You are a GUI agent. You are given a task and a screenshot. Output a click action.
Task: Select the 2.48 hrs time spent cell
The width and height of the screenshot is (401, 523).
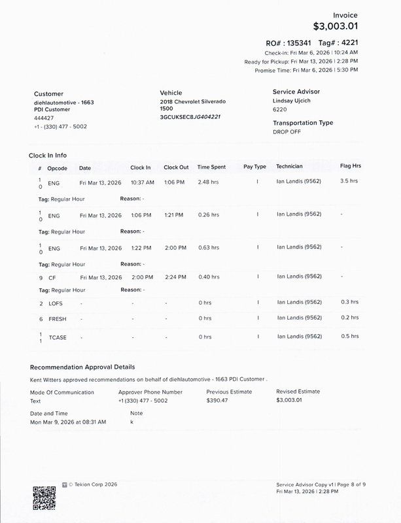tap(209, 182)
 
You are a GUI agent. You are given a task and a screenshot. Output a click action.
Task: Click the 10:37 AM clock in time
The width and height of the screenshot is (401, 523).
tap(142, 182)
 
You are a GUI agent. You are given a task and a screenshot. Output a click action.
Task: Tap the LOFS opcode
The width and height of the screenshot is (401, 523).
tap(56, 303)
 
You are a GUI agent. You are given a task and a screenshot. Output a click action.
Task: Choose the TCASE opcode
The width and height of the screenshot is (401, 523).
tap(57, 337)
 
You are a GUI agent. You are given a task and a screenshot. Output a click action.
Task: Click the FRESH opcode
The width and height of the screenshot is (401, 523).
tap(57, 318)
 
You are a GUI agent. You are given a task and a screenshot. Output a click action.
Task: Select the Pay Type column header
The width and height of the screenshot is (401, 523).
tap(254, 166)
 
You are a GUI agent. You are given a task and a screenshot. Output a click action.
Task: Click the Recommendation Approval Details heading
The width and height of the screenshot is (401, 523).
tap(82, 367)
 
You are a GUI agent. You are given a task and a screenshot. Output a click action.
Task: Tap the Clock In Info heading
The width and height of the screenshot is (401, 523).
tap(48, 155)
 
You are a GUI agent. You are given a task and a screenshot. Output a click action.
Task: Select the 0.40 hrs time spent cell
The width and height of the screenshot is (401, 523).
tap(209, 277)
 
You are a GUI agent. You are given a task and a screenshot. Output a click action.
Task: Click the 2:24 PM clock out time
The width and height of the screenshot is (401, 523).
tap(175, 277)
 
